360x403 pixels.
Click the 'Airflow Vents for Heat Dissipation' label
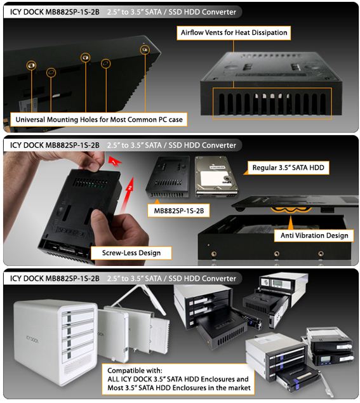pyautogui.click(x=234, y=33)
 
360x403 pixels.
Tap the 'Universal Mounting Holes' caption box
pyautogui.click(x=99, y=119)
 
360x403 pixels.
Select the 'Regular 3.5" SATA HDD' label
pyautogui.click(x=288, y=168)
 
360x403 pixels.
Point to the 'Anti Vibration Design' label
pyautogui.click(x=314, y=235)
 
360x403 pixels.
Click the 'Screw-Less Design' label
pyautogui.click(x=131, y=253)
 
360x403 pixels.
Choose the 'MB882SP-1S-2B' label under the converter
pyautogui.click(x=178, y=211)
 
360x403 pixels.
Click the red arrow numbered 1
pyautogui.click(x=114, y=161)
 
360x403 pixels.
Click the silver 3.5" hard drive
pyautogui.click(x=217, y=176)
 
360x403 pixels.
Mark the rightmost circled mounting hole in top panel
pyautogui.click(x=145, y=50)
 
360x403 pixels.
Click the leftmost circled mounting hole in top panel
pyautogui.click(x=31, y=65)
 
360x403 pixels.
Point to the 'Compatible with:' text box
pyautogui.click(x=178, y=379)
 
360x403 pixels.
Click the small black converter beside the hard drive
pyautogui.click(x=168, y=177)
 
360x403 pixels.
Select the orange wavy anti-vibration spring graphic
pyautogui.click(x=291, y=210)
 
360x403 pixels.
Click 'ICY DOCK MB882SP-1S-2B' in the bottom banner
pyautogui.click(x=55, y=279)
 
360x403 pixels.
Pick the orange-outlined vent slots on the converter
pyautogui.click(x=272, y=103)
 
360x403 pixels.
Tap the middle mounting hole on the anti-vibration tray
pyautogui.click(x=277, y=254)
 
